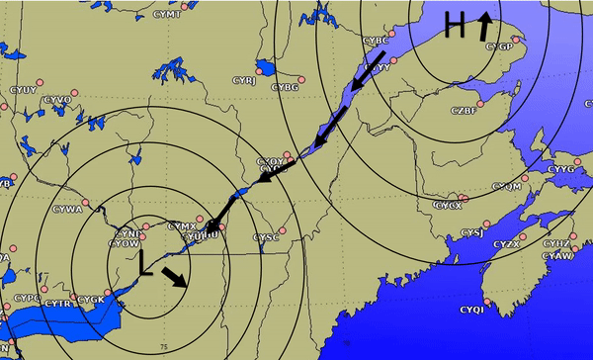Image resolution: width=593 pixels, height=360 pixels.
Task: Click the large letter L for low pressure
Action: coord(146,262)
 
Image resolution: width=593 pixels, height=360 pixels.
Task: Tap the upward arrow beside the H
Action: coord(485,26)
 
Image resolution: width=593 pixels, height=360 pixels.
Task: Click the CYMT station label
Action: coord(167,15)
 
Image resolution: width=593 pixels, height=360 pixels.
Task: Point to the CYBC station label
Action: coord(376,41)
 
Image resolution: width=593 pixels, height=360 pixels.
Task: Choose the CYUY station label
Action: coord(23,91)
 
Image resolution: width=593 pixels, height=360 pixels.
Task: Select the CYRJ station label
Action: coord(243,81)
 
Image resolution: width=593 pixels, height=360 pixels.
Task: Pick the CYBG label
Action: coord(285,87)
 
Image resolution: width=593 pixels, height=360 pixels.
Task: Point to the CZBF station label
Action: coord(464,110)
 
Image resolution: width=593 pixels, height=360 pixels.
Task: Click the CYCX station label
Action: coord(448,206)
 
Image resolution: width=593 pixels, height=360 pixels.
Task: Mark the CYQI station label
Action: coord(471,311)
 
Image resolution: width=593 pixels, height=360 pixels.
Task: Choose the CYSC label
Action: coord(266,238)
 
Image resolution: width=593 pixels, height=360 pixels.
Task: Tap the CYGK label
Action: coord(91,299)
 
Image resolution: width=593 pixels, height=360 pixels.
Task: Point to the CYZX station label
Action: coord(506,244)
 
